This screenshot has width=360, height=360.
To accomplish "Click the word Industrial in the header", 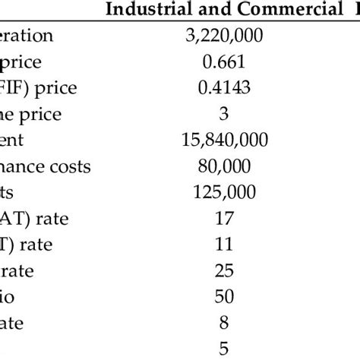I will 142,10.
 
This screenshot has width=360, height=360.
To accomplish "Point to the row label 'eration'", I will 27,35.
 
